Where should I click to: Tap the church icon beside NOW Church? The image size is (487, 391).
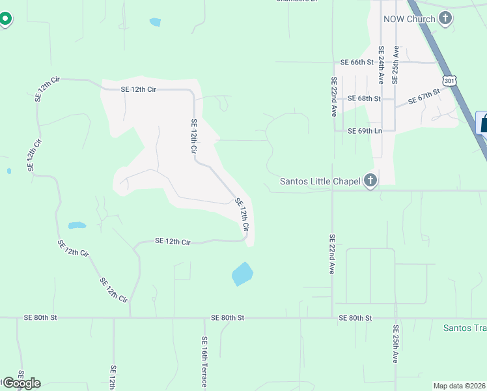click(x=445, y=18)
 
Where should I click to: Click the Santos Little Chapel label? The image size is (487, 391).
click(x=320, y=181)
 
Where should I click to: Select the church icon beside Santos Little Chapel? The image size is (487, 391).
click(x=370, y=181)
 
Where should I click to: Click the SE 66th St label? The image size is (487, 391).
click(x=357, y=63)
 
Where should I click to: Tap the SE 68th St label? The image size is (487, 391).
click(x=364, y=98)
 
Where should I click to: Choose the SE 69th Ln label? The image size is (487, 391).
click(x=364, y=131)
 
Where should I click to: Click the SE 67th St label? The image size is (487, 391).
click(x=424, y=97)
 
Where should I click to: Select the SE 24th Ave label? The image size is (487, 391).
click(x=381, y=65)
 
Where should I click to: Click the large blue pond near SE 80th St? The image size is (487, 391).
click(x=242, y=274)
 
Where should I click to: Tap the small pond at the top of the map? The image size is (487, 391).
click(x=155, y=22)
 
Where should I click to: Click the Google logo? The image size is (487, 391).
click(x=21, y=383)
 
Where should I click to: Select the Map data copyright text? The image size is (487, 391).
click(x=459, y=386)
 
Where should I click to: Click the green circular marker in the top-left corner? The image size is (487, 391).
click(x=5, y=18)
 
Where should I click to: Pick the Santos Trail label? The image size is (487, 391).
click(x=464, y=328)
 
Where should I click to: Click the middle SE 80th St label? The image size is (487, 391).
click(x=227, y=317)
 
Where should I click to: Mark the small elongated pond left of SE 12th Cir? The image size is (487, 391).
click(x=77, y=226)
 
